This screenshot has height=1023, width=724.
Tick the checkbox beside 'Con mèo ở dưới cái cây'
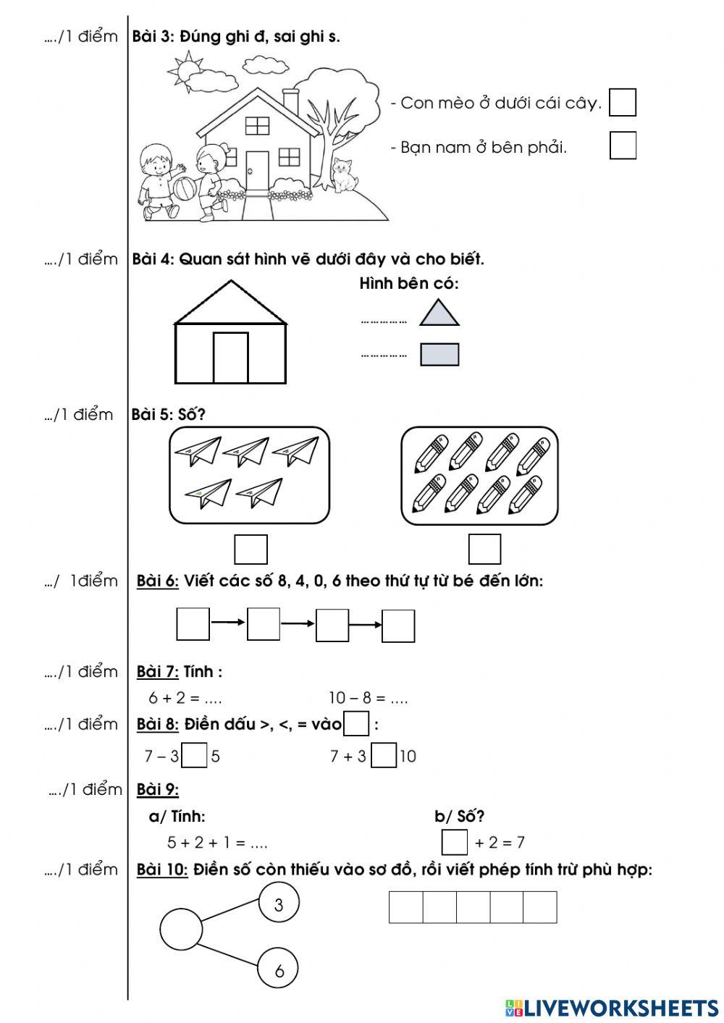(622, 102)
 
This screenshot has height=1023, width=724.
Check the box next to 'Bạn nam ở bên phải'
(622, 145)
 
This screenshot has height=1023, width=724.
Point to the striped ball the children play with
(183, 189)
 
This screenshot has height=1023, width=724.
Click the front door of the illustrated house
(256, 170)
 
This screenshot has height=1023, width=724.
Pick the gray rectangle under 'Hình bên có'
(439, 354)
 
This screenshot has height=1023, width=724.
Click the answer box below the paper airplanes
(251, 549)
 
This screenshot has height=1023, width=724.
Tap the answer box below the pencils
(484, 549)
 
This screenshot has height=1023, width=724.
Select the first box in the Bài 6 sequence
(193, 625)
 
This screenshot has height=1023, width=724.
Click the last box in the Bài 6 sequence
(398, 626)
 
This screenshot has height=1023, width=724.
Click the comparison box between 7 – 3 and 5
(195, 756)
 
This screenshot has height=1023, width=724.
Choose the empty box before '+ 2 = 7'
(455, 842)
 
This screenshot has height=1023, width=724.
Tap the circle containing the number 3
(279, 904)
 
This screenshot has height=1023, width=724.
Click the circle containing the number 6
(279, 969)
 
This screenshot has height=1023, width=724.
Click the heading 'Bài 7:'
(158, 672)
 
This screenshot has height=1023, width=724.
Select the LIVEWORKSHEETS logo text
(620, 1007)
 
